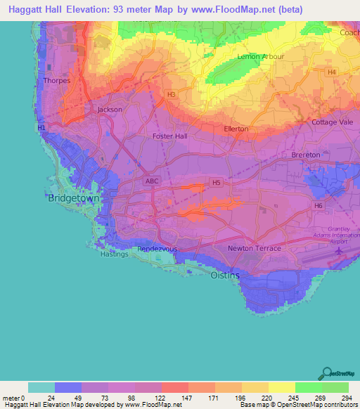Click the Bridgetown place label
[x=74, y=199]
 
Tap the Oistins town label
[x=225, y=275]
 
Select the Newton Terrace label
[x=254, y=249]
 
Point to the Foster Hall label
[x=170, y=136]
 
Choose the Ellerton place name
[x=236, y=129]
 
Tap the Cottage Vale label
[x=331, y=122]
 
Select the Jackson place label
[x=110, y=110]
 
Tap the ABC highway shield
[x=151, y=181]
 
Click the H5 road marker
[x=217, y=183]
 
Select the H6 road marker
[x=319, y=206]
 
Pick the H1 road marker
[x=41, y=127]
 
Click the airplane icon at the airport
[x=342, y=249]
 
